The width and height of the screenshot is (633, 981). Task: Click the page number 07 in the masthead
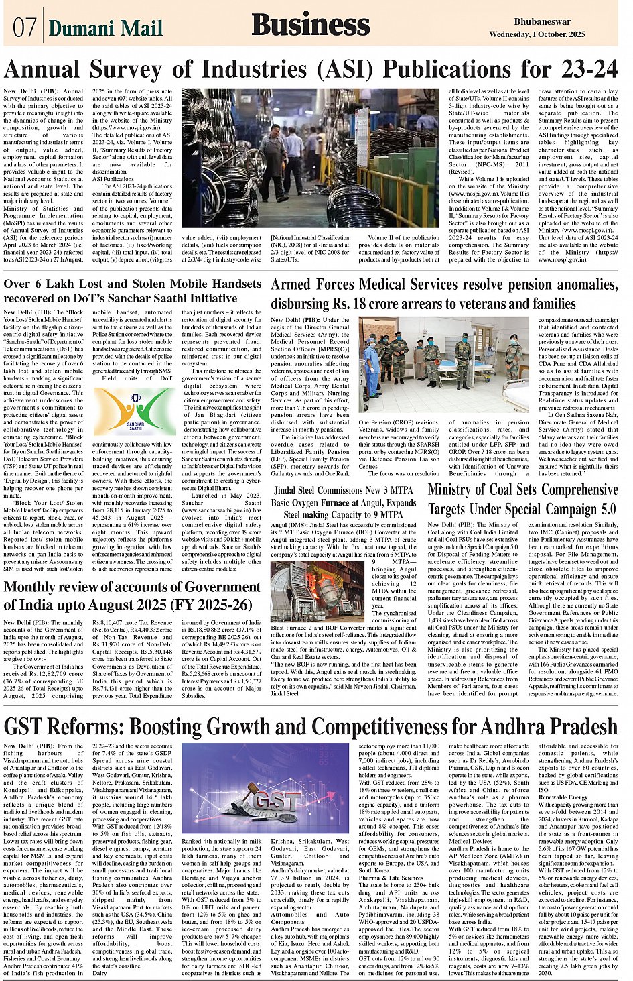24,27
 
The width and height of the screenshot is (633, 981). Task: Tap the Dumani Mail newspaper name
106,28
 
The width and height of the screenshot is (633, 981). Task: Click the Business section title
310,25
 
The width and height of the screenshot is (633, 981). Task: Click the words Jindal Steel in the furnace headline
299,490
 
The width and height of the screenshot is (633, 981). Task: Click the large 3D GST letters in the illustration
275,801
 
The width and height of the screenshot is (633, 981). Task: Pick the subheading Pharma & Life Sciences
391,877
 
